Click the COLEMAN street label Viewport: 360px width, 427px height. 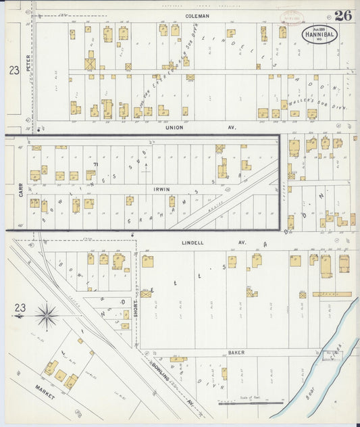[x=198, y=15]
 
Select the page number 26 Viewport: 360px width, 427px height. [x=342, y=16]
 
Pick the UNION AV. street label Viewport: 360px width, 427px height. [x=180, y=125]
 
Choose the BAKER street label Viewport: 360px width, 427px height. [x=236, y=352]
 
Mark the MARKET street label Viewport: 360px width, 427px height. [x=45, y=393]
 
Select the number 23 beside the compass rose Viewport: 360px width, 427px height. [x=20, y=308]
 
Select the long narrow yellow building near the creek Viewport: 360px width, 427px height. [x=332, y=294]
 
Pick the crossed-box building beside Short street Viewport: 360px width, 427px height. [x=146, y=294]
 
